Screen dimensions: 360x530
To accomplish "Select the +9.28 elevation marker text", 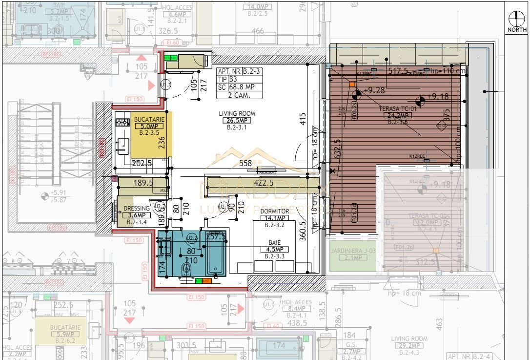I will [x=374, y=90].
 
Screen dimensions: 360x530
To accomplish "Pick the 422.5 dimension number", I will [x=264, y=183].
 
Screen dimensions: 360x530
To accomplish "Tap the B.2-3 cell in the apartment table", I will [x=253, y=71].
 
